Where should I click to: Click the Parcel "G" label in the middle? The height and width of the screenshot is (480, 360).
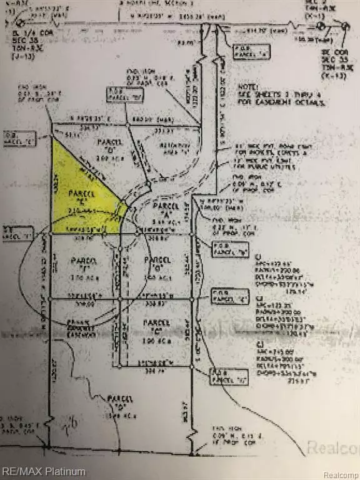click(155, 261)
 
